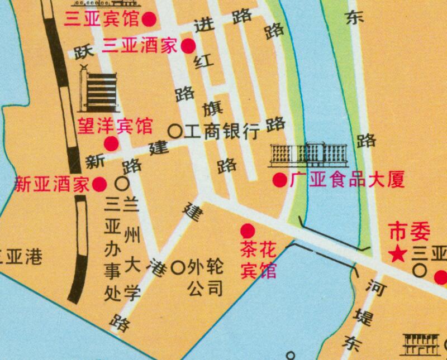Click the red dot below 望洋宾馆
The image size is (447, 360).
[x=112, y=143]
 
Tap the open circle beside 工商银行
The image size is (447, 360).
[x=175, y=132]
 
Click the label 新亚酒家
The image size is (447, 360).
[x=52, y=184]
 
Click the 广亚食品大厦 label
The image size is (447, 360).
[x=346, y=180]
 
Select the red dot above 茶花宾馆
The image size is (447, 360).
[x=248, y=230]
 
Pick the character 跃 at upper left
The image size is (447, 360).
[x=82, y=53]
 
